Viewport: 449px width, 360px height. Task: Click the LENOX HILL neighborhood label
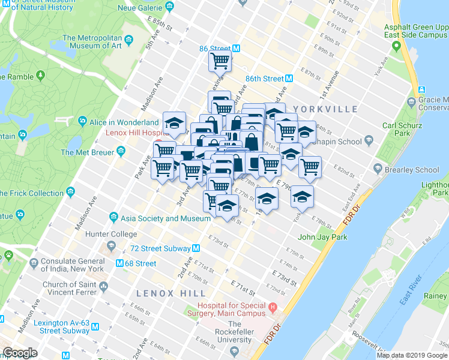[x=171, y=293]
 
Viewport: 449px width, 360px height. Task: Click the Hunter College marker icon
[x=111, y=245]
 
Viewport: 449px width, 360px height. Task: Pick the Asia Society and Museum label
[x=165, y=218]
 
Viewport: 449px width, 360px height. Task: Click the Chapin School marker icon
[x=368, y=141]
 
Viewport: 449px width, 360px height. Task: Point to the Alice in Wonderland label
[x=124, y=122]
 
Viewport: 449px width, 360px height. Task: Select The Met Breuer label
[x=92, y=152]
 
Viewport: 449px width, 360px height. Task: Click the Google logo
[x=20, y=353]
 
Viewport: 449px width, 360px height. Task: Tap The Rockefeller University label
[x=234, y=332]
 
